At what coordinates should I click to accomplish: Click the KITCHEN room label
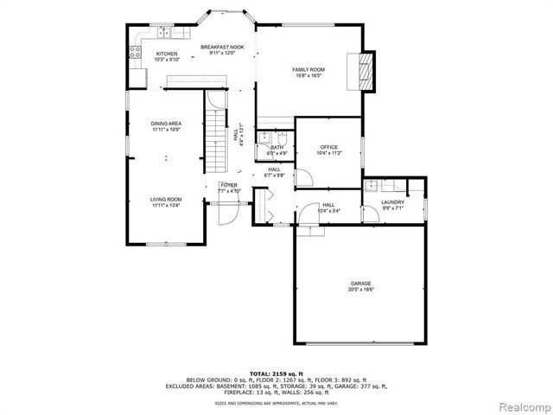167,54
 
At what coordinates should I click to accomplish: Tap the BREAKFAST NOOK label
222,47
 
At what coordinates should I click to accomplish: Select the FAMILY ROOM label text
308,69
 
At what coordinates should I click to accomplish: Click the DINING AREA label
166,124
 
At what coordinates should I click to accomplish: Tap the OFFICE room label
328,147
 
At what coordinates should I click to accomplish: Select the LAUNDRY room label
392,202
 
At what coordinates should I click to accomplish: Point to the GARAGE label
360,283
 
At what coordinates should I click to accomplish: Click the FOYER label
228,185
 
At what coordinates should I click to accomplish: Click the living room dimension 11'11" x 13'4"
166,205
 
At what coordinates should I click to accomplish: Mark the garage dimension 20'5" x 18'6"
360,289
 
